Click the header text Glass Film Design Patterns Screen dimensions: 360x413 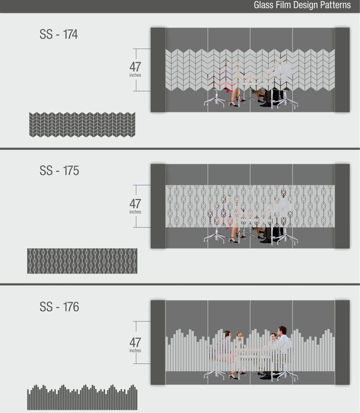(302, 5)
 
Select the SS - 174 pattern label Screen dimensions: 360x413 (59, 34)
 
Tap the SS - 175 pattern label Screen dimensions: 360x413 (59, 171)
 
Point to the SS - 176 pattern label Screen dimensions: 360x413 (59, 307)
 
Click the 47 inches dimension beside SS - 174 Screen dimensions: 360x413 (135, 69)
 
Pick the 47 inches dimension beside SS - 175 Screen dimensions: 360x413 (135, 206)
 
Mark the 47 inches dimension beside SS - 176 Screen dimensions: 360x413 (135, 345)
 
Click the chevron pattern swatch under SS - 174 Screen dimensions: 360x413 (82, 125)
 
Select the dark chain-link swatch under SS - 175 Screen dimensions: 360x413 (82, 261)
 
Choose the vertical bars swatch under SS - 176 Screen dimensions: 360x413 (82, 397)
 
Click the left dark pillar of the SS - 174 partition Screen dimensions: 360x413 (158, 70)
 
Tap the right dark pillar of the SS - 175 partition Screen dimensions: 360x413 (342, 206)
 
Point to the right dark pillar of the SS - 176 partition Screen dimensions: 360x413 (342, 342)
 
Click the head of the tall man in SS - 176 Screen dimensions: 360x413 (282, 331)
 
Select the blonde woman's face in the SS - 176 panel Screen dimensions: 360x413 (240, 336)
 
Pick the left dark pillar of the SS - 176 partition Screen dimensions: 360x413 (158, 342)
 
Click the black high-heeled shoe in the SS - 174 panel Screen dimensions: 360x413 (234, 104)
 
